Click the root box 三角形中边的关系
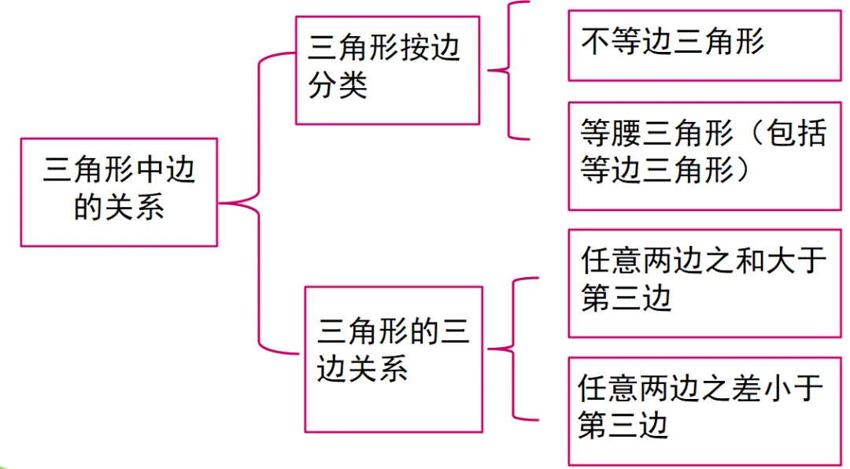118,192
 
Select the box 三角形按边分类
387,70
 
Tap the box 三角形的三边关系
394,359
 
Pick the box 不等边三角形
704,45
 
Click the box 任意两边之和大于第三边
704,283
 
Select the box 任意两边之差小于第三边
704,410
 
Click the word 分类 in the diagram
338,85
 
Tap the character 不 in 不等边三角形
594,42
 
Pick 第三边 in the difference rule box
623,426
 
